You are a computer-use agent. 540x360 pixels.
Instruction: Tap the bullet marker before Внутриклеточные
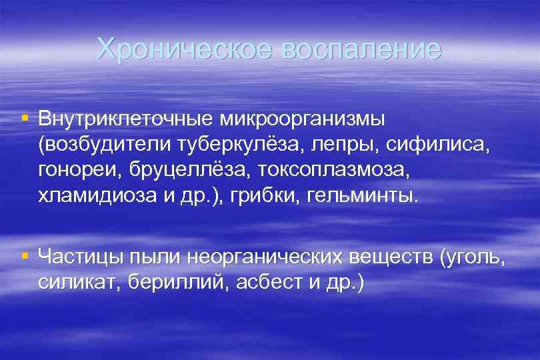click(x=25, y=118)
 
